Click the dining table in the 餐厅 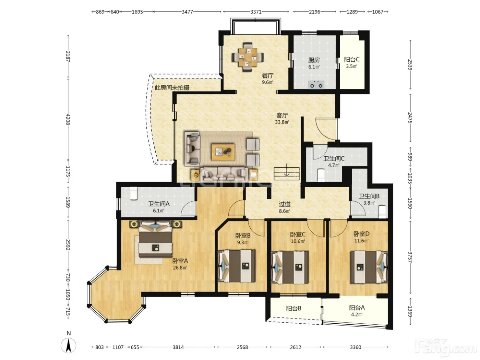click(248, 57)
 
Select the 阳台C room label click(352, 59)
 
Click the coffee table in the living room click(223, 152)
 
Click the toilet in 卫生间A click(133, 193)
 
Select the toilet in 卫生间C click(321, 175)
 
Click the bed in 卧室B click(237, 266)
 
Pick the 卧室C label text click(298, 235)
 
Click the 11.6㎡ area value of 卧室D click(361, 241)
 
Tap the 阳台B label click(294, 309)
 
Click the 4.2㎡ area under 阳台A click(357, 314)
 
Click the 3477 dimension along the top click(187, 12)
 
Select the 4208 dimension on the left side click(68, 119)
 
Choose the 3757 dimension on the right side click(410, 257)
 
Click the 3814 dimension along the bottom click(178, 347)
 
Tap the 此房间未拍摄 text click(172, 88)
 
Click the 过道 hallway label click(285, 204)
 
